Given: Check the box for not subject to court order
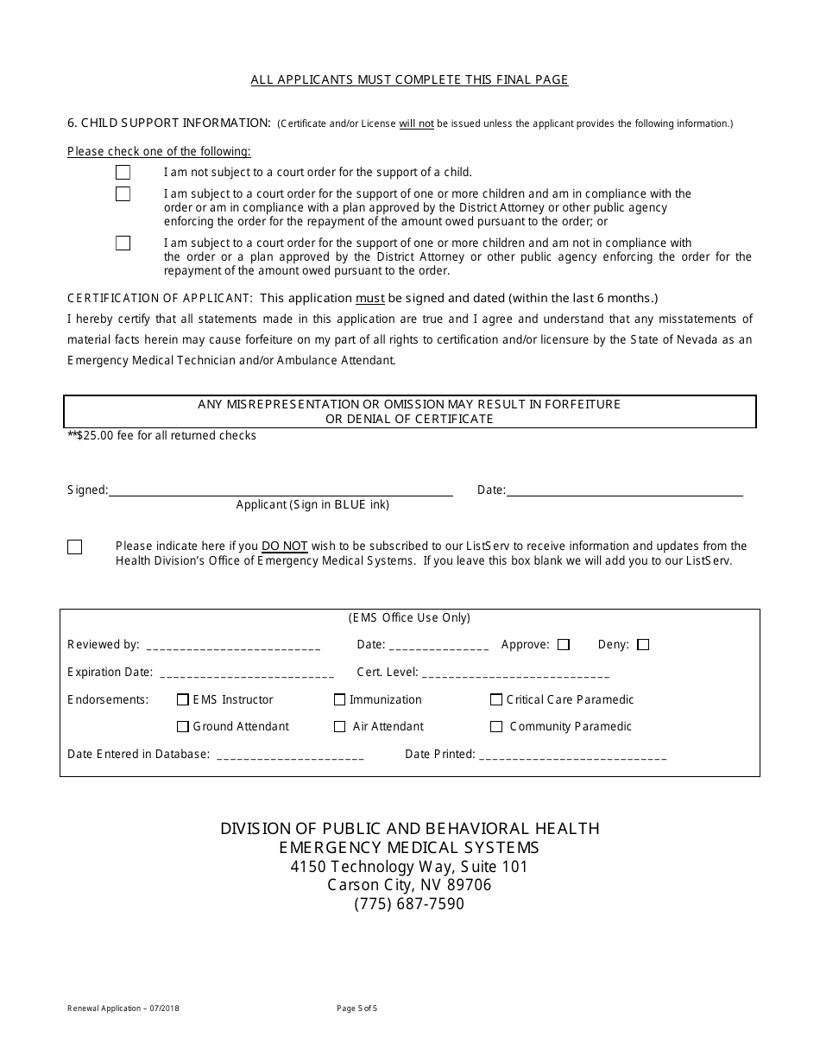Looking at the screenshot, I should (123, 173).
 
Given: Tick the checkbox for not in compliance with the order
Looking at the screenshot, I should (123, 243).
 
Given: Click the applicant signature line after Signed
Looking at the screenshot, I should (281, 490).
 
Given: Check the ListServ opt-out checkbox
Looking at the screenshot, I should (75, 547).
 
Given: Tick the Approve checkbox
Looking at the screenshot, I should (564, 645).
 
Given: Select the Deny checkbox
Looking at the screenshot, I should (643, 645).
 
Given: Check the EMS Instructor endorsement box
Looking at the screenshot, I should (183, 700).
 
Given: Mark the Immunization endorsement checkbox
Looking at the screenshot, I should (340, 700).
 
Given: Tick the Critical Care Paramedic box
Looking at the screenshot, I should (496, 700).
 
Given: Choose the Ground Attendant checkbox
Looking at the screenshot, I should (183, 727).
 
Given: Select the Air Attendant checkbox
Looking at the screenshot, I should (340, 727).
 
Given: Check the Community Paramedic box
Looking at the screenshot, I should (496, 727).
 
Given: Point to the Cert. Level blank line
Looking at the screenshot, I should (516, 673).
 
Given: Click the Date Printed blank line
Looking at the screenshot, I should (572, 755).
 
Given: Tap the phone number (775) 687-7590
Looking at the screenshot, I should (409, 905).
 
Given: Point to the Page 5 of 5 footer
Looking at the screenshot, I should (357, 1008).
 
